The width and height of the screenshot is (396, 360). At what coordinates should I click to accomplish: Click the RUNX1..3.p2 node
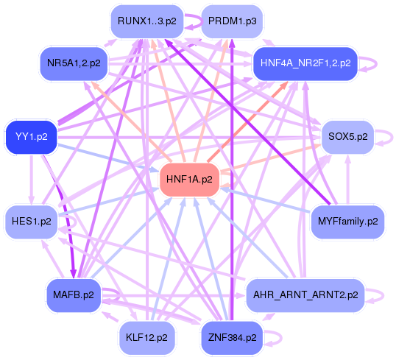click(x=146, y=21)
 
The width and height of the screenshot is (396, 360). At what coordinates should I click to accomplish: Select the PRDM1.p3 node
click(x=232, y=21)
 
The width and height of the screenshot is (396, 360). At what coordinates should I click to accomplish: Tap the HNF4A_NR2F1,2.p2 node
click(x=305, y=63)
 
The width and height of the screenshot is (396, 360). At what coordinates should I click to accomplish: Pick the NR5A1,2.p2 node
click(x=74, y=63)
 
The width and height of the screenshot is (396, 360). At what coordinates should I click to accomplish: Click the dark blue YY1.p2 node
click(x=31, y=136)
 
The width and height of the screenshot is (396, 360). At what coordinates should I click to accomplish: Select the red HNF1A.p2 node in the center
click(x=189, y=179)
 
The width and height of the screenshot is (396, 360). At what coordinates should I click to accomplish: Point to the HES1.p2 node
click(x=32, y=221)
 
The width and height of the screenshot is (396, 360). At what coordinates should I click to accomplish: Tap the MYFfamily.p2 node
click(x=347, y=221)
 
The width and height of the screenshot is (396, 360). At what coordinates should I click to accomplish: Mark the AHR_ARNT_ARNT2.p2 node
click(x=305, y=294)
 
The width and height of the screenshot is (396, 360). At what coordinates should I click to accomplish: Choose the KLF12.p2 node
click(x=146, y=338)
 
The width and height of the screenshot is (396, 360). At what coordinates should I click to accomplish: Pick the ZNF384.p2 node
click(x=232, y=338)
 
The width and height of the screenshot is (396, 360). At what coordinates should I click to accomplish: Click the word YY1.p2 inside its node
click(x=31, y=136)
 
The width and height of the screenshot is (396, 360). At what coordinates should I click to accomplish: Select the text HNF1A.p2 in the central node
click(x=189, y=179)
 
